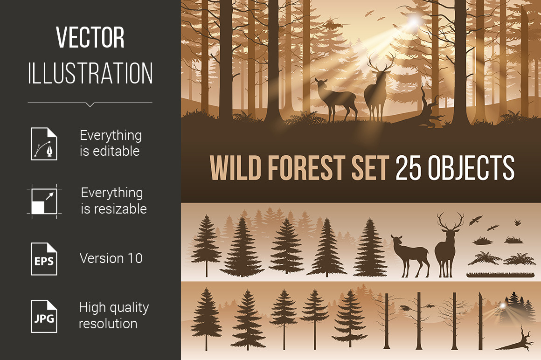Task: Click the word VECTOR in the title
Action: click(90, 37)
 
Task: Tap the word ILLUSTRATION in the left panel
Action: click(90, 73)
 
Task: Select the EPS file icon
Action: click(44, 259)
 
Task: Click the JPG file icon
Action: click(44, 316)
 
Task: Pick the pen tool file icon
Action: click(44, 144)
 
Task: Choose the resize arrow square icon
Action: click(44, 201)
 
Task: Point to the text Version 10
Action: click(111, 258)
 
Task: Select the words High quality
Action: click(114, 308)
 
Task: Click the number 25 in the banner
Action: click(408, 167)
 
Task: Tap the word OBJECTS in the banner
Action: click(471, 167)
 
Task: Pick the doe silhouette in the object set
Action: click(410, 255)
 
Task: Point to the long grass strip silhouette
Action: click(500, 275)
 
